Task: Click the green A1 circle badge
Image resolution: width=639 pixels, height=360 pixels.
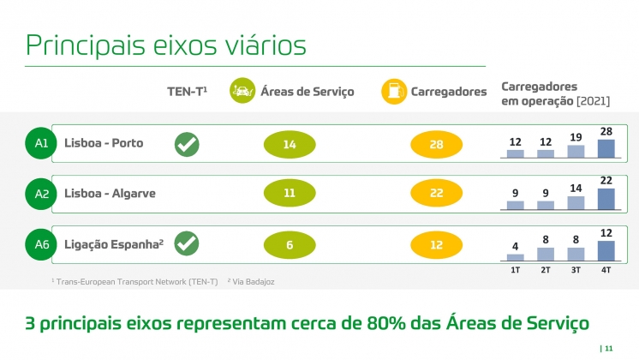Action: (41, 143)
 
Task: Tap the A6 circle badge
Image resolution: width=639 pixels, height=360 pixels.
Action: (41, 244)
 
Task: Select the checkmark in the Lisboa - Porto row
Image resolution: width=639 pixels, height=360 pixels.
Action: (187, 144)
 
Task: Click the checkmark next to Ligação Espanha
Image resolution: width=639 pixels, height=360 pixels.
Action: (187, 243)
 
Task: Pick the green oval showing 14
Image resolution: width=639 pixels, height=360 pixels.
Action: (290, 144)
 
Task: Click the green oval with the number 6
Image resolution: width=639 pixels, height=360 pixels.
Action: (290, 244)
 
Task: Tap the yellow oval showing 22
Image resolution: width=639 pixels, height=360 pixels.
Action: (436, 193)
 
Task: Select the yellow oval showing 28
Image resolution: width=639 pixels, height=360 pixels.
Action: (436, 144)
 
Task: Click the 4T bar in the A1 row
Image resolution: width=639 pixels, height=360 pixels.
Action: (606, 148)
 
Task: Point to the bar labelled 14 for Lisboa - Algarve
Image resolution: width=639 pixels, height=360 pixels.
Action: (576, 202)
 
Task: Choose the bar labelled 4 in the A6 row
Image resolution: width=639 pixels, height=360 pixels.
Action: (515, 257)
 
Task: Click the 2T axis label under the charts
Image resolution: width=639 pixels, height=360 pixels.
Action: (546, 270)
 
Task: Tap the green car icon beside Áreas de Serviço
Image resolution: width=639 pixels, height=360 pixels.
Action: (242, 91)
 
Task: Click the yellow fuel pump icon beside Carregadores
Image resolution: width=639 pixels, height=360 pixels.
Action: (394, 92)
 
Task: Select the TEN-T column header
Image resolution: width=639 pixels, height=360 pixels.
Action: (187, 92)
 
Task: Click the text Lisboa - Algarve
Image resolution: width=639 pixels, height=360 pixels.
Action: (110, 193)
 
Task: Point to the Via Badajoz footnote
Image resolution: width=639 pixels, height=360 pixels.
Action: (251, 282)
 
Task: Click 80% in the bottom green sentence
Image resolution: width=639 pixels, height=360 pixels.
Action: (386, 323)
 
